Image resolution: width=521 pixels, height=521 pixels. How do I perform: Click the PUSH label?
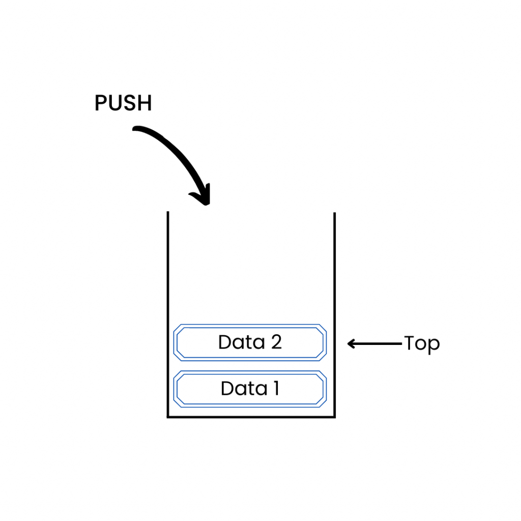[123, 103]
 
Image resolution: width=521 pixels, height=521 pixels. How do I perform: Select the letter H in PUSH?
[146, 103]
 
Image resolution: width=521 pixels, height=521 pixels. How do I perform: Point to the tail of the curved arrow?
[136, 130]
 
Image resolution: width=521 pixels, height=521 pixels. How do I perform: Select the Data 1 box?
[249, 389]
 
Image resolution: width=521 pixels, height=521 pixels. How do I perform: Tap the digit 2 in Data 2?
[276, 342]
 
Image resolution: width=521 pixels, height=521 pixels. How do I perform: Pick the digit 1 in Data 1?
[275, 389]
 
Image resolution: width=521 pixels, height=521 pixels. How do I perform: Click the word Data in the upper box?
[236, 342]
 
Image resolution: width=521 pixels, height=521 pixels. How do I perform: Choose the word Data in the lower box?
[238, 389]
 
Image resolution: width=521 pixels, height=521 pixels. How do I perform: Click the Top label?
[422, 344]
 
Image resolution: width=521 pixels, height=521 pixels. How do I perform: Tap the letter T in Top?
[410, 343]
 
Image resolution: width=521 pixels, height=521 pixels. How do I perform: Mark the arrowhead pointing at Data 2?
[351, 344]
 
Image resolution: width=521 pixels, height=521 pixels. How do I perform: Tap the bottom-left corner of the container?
[168, 417]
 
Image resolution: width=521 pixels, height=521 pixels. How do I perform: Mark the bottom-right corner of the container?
[335, 417]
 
